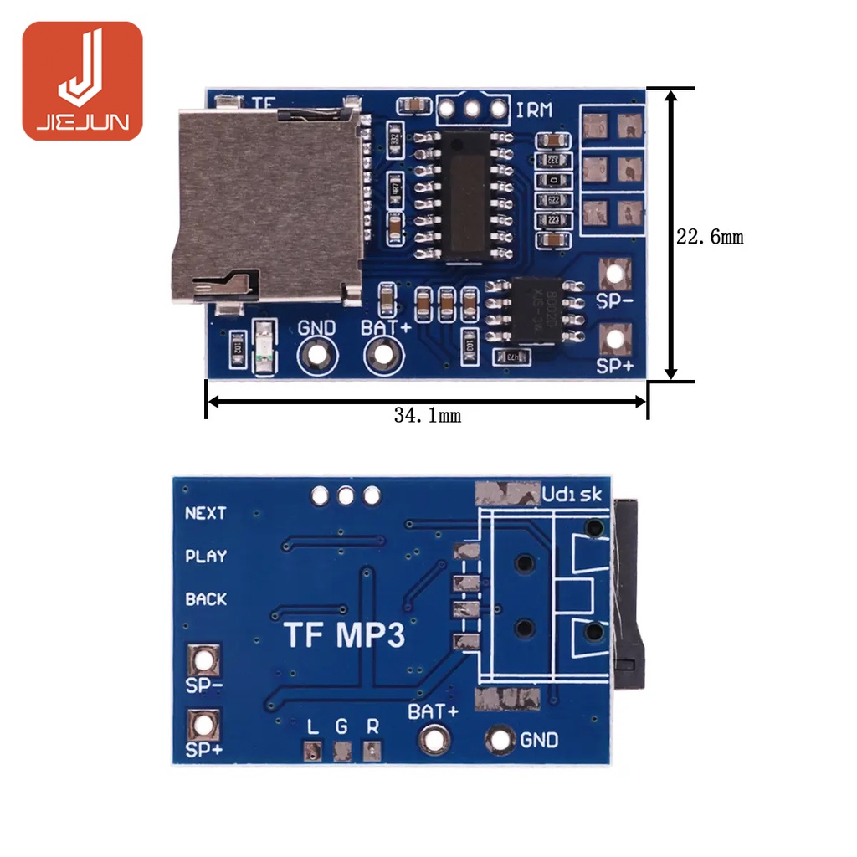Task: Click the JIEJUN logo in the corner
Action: point(82,81)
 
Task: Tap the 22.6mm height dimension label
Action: point(709,237)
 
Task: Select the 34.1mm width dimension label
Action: point(427,415)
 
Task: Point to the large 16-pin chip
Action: point(462,195)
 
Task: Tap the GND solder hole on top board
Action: point(317,355)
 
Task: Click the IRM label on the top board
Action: point(534,110)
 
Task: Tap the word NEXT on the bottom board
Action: point(206,513)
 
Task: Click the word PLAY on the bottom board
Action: point(206,556)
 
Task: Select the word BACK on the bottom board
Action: point(206,599)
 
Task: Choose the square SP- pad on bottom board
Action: point(203,660)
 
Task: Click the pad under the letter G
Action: point(341,752)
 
